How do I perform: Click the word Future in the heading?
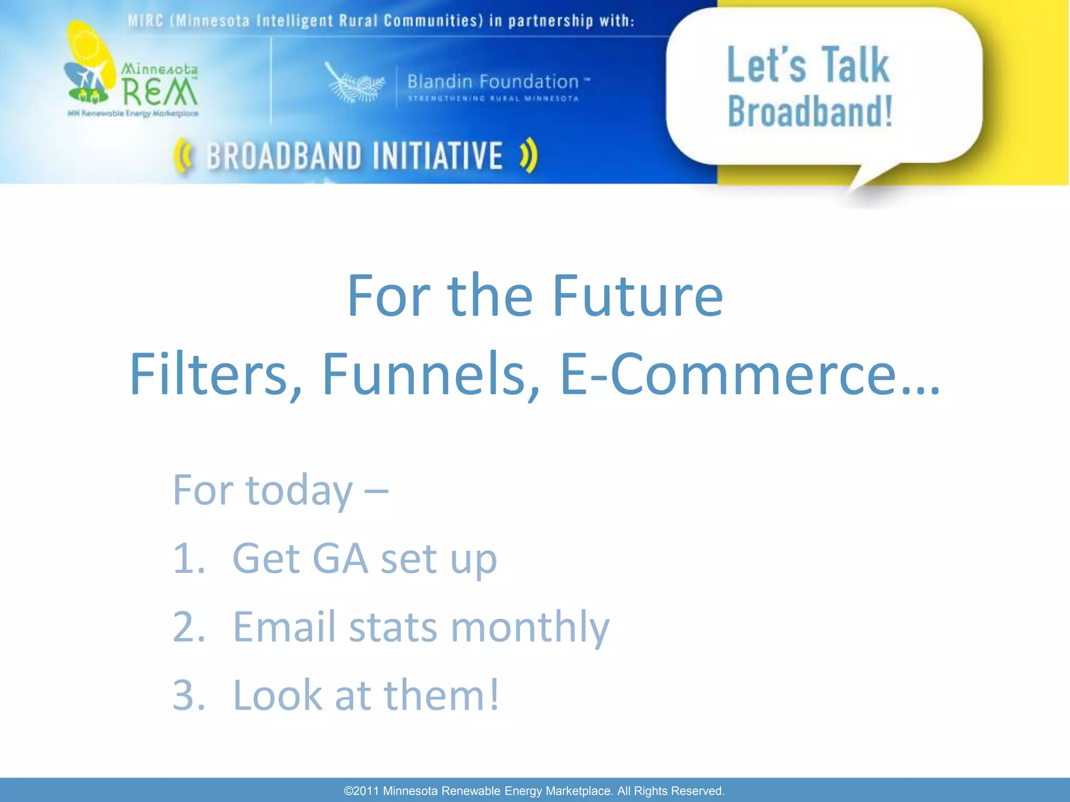pos(637,297)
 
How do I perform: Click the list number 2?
pos(188,627)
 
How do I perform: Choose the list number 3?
pos(188,695)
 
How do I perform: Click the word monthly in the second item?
pos(530,627)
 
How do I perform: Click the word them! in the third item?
pos(442,695)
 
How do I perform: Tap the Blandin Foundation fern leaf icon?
pos(354,84)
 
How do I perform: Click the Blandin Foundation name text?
pos(493,82)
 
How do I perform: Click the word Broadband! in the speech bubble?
pos(810,112)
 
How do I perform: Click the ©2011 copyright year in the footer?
pos(362,791)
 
